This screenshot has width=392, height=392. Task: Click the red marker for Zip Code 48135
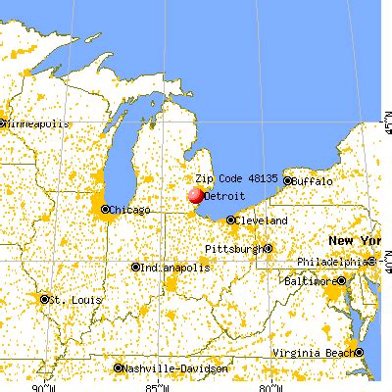(196, 196)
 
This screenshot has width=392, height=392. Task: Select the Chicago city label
(129, 210)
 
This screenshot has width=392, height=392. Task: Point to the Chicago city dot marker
(104, 210)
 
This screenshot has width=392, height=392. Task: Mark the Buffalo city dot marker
(291, 182)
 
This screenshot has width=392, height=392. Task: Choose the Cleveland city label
(262, 220)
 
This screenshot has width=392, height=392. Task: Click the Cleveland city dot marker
(231, 220)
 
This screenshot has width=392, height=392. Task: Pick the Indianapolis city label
(175, 267)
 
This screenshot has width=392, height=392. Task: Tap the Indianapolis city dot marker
(135, 267)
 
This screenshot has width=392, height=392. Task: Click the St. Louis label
(71, 298)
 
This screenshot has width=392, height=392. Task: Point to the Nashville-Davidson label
(174, 369)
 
